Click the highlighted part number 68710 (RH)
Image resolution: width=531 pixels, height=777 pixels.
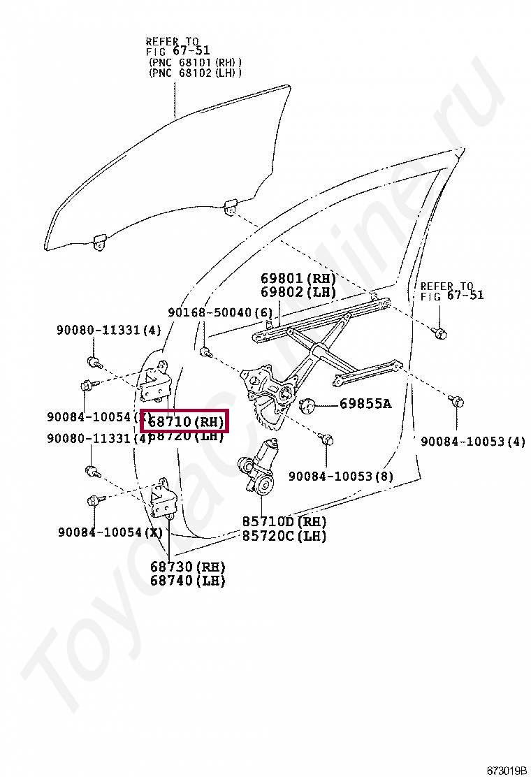point(185,422)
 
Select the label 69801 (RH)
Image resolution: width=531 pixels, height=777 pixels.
point(298,279)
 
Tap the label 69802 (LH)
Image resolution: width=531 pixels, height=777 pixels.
point(298,292)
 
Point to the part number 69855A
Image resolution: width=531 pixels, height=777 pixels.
point(365,403)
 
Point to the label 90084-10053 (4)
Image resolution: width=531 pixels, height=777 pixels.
point(472,441)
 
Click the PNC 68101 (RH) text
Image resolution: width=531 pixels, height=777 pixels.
point(195,62)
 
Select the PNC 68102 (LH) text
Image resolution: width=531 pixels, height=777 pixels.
point(195,73)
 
